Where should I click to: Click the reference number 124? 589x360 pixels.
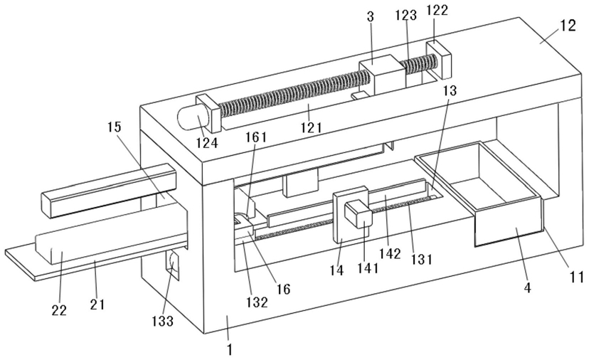206,143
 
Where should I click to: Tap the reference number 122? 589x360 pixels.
437,11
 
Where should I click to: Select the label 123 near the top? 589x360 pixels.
405,16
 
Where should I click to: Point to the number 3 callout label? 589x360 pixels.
371,18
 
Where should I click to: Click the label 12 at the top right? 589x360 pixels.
568,26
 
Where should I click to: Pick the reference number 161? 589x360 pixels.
256,137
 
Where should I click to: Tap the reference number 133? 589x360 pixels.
163,321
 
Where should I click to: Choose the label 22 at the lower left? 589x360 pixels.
59,310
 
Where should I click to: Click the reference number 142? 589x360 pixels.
390,254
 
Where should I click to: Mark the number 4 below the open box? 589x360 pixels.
528,288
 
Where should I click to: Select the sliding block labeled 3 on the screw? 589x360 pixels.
383,75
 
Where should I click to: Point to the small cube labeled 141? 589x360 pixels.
359,214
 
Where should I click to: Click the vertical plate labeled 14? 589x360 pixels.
343,217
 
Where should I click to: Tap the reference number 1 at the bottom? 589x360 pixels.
230,350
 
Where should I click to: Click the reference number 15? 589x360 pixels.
115,127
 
